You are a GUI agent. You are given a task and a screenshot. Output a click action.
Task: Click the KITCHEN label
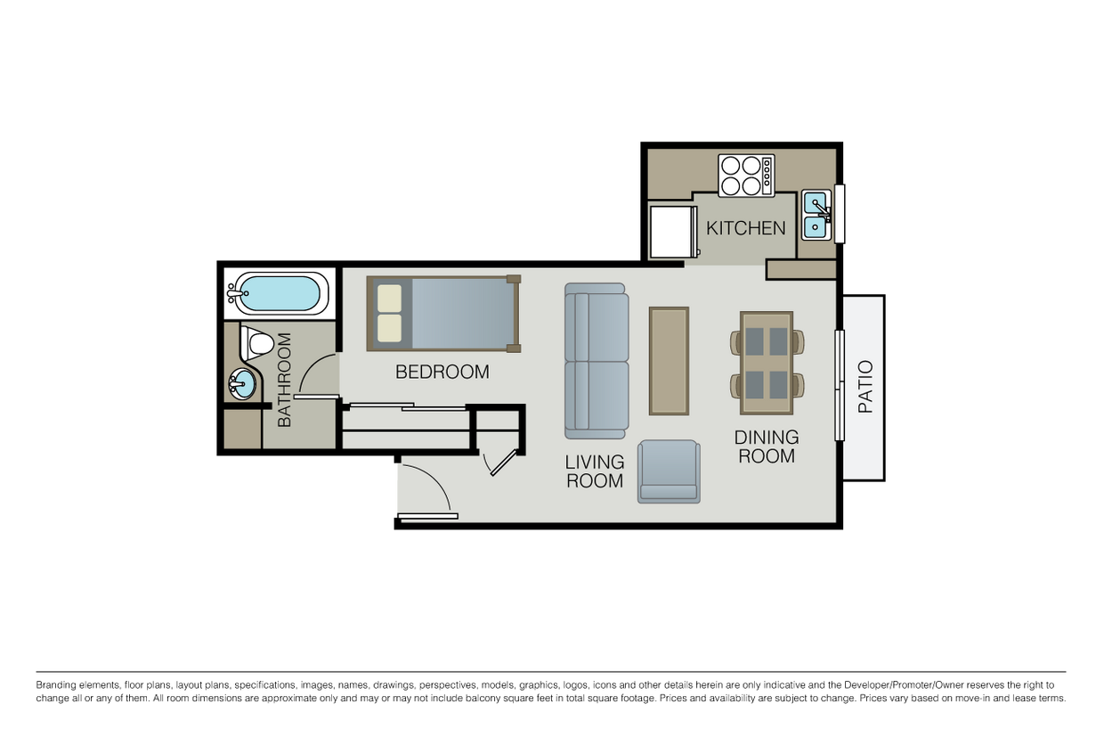point(745,228)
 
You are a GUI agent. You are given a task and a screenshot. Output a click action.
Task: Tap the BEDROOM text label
point(442,372)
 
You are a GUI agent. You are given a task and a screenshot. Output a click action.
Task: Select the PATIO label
point(865,387)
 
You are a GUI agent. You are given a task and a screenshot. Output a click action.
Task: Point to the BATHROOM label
point(284,380)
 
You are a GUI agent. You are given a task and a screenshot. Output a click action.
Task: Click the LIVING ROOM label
point(595,471)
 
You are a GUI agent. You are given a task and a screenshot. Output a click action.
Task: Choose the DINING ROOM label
point(766,446)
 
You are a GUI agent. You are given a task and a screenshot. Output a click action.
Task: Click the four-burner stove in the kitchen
point(746,176)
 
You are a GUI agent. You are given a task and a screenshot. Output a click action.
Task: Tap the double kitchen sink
point(816,215)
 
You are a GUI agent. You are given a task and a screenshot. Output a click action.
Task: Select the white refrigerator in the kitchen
point(672,232)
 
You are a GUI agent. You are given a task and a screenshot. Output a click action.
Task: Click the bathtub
point(279,293)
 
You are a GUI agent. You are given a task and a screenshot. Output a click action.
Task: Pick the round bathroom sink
point(242,384)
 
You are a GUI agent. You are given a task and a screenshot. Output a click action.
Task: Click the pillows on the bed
point(389,313)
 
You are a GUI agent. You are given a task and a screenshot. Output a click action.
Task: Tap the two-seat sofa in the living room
point(597,361)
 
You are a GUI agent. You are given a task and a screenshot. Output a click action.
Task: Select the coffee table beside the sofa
point(669,361)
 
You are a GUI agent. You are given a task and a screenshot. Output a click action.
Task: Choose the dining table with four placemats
point(766,362)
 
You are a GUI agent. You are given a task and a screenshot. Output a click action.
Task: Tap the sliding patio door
point(839,385)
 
